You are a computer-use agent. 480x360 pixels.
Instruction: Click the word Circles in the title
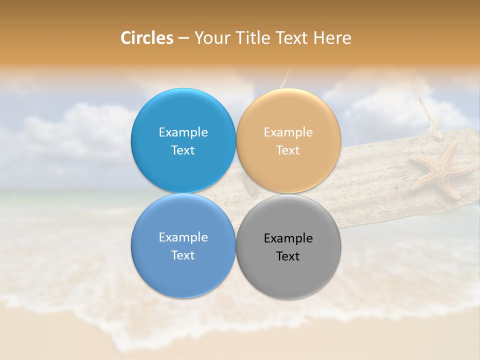pyautogui.click(x=147, y=38)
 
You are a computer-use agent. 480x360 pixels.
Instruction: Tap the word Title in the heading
pyautogui.click(x=250, y=38)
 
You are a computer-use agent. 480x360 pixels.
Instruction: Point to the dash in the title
pyautogui.click(x=183, y=38)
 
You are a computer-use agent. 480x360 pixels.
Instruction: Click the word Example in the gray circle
pyautogui.click(x=288, y=238)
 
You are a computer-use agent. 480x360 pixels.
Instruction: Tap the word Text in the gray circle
pyautogui.click(x=288, y=256)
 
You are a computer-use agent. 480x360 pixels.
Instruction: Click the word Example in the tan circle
pyautogui.click(x=288, y=132)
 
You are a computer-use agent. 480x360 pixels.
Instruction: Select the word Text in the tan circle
pyautogui.click(x=288, y=150)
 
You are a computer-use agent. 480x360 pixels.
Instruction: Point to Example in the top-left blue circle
pyautogui.click(x=183, y=132)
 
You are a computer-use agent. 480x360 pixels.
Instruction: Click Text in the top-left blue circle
pyautogui.click(x=183, y=150)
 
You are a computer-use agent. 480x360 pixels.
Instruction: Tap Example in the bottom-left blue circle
pyautogui.click(x=183, y=237)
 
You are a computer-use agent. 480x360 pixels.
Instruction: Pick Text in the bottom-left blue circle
pyautogui.click(x=183, y=255)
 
